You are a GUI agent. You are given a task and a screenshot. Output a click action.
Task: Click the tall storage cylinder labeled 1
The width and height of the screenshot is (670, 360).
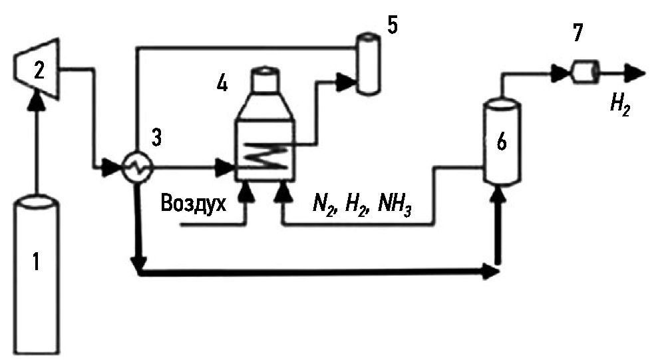(37, 273)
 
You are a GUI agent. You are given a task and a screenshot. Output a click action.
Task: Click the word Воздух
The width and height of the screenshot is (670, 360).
(194, 203)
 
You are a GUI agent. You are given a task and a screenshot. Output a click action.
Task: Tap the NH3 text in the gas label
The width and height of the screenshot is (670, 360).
(395, 204)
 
